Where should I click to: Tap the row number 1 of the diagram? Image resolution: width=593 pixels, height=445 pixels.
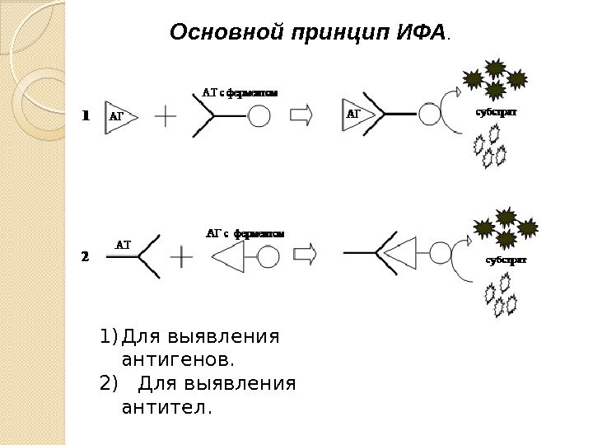(84, 116)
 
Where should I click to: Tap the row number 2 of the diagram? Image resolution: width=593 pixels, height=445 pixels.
(84, 255)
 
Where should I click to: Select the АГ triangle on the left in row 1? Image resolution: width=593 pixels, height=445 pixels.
(119, 117)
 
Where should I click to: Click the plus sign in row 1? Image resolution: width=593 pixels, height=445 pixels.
(166, 116)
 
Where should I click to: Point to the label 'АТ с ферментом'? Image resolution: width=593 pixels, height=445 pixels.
(240, 93)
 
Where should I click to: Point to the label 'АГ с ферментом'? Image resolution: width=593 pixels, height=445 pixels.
(245, 233)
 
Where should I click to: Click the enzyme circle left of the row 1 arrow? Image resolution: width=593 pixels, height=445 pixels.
(259, 115)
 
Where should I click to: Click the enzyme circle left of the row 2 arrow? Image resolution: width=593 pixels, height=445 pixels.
(267, 256)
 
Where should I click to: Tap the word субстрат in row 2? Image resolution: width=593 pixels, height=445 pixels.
(506, 260)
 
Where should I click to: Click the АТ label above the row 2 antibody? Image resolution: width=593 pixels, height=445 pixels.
(123, 244)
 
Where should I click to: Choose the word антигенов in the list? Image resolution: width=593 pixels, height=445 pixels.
(178, 360)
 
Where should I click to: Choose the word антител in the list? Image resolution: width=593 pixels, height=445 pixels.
(166, 407)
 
